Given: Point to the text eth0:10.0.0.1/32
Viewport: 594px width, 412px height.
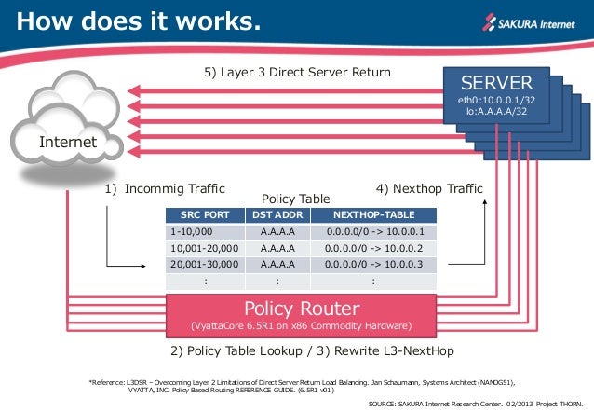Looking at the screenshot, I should click(x=494, y=99).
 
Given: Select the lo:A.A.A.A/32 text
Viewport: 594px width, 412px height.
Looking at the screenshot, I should click(x=494, y=111).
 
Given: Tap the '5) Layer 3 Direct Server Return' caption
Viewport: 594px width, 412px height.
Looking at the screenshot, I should click(x=296, y=72).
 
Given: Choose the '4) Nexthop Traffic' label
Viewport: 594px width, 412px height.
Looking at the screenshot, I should click(x=428, y=187).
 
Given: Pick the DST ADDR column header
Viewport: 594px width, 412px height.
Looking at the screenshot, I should click(x=277, y=214).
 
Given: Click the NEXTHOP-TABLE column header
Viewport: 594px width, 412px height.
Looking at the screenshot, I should click(x=373, y=214).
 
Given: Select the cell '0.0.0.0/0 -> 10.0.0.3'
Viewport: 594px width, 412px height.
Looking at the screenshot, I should click(x=374, y=265).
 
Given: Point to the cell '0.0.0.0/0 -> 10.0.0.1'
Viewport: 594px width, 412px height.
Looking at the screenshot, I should click(x=374, y=232).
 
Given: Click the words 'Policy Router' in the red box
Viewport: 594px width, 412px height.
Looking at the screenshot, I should click(x=301, y=309).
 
